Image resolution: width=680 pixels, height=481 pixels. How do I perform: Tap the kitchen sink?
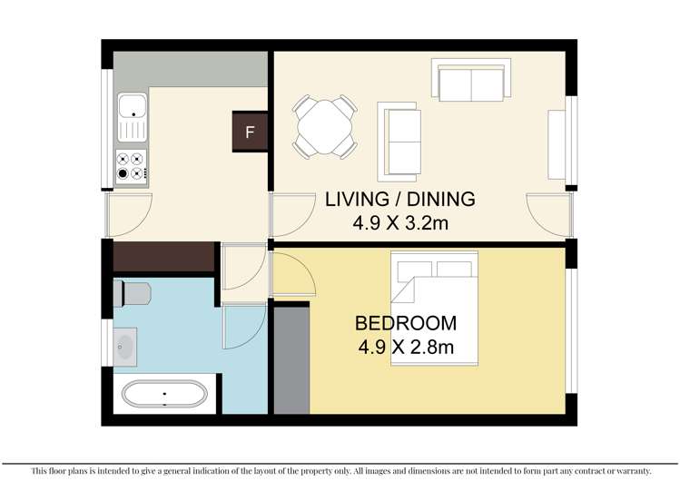coord(132,119)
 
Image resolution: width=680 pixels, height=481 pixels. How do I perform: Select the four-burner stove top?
coord(131,166)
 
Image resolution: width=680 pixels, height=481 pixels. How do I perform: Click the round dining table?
coord(324,126)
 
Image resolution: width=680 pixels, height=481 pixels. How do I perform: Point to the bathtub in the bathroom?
coord(164,395)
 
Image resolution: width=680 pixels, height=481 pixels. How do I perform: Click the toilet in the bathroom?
coord(134,292)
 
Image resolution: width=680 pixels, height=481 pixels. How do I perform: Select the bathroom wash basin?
coord(124,345)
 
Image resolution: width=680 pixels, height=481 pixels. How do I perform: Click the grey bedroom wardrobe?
coord(291,360)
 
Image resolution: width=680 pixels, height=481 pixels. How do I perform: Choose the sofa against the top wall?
coord(472,82)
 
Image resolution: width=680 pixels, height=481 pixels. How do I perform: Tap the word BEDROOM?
coord(405,323)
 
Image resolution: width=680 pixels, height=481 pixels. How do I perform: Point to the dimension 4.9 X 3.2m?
coord(399,221)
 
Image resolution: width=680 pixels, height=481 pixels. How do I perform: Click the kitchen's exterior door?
coord(125,213)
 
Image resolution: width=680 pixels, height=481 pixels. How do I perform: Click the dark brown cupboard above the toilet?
coord(163,258)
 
